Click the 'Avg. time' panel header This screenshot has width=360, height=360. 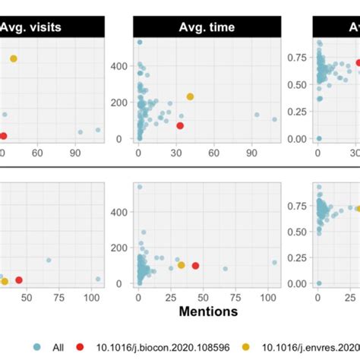pyautogui.click(x=207, y=28)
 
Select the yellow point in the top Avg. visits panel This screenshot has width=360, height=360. pyautogui.click(x=13, y=58)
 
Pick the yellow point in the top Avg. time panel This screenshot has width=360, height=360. pyautogui.click(x=190, y=96)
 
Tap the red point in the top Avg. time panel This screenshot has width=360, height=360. pyautogui.click(x=180, y=125)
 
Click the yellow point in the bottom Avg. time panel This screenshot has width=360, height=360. pyautogui.click(x=181, y=265)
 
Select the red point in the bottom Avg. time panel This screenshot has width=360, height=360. pyautogui.click(x=195, y=266)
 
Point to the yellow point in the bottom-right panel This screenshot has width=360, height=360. pyautogui.click(x=358, y=208)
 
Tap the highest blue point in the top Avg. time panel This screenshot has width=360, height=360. pyautogui.click(x=139, y=43)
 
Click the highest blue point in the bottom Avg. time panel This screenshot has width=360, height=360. pyautogui.click(x=139, y=186)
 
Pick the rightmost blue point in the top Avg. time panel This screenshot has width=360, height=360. pyautogui.click(x=274, y=119)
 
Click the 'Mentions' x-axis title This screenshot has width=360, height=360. pyautogui.click(x=207, y=311)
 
